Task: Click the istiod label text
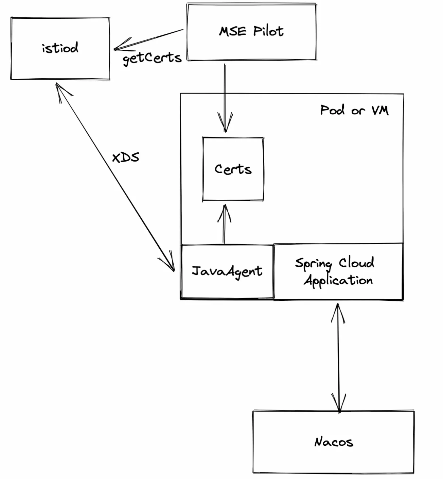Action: click(60, 48)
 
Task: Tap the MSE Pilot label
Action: click(251, 31)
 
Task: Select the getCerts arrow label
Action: click(152, 59)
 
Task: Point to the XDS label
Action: click(126, 158)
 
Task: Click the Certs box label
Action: click(233, 169)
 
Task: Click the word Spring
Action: click(314, 263)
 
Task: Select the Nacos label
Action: click(334, 442)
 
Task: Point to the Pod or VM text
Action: click(354, 110)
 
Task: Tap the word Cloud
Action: click(356, 262)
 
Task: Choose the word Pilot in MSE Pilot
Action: click(269, 31)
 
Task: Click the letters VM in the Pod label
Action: click(380, 110)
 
